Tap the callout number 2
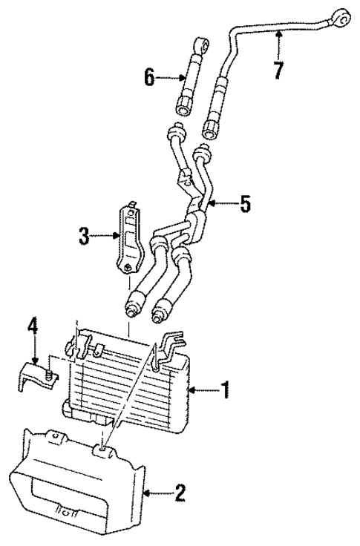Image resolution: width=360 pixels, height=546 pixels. [180, 491]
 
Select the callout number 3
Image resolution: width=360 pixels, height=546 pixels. [85, 237]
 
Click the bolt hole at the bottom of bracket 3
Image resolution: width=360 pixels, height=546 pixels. [130, 268]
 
